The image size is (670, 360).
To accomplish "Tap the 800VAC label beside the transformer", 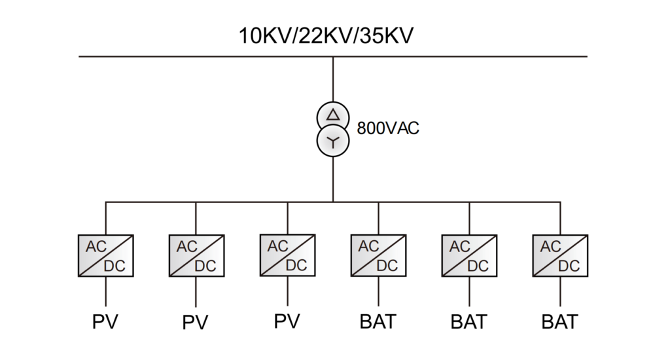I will (388, 128).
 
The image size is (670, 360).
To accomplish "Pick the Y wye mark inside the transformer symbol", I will (333, 141).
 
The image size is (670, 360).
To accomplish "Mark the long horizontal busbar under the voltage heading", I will (196, 57).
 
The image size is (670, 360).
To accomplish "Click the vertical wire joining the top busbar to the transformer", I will (333, 79).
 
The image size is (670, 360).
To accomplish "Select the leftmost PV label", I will (105, 322).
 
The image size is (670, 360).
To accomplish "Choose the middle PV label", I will (196, 323).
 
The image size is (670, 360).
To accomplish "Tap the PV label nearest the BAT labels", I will (287, 322).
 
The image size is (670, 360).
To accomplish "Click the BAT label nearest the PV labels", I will (378, 322).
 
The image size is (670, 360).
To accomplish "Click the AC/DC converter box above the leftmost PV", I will (105, 256).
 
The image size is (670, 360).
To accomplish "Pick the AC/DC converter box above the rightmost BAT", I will (560, 256).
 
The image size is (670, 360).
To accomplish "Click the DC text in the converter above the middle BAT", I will (478, 266).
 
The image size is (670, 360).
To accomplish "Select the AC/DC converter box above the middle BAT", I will (469, 256).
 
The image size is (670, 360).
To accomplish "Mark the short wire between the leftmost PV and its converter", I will (105, 291).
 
